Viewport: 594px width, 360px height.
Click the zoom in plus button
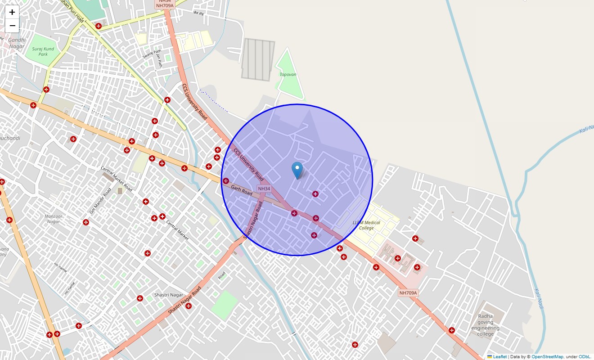pyautogui.click(x=12, y=12)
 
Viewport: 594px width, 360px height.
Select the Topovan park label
pyautogui.click(x=288, y=74)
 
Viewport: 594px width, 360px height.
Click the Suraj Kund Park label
pyautogui.click(x=43, y=51)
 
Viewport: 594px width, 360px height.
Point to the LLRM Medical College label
pyautogui.click(x=366, y=225)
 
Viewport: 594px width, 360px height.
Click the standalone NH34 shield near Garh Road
pyautogui.click(x=264, y=189)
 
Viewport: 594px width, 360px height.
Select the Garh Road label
pyautogui.click(x=242, y=190)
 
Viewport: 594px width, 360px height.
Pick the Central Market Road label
pyautogui.click(x=116, y=179)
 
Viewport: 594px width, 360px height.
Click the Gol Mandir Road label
pyautogui.click(x=100, y=201)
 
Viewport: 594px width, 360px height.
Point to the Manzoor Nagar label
pyautogui.click(x=53, y=219)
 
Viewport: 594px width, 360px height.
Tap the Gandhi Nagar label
pyautogui.click(x=17, y=43)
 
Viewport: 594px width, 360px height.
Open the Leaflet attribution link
pyautogui.click(x=499, y=356)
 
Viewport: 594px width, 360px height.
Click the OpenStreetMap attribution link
pyautogui.click(x=547, y=356)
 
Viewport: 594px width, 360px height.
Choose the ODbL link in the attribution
pyautogui.click(x=584, y=356)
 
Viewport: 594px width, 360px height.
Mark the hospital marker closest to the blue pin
pyautogui.click(x=315, y=194)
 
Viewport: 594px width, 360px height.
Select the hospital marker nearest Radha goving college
pyautogui.click(x=452, y=330)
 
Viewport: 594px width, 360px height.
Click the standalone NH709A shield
pyautogui.click(x=408, y=293)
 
